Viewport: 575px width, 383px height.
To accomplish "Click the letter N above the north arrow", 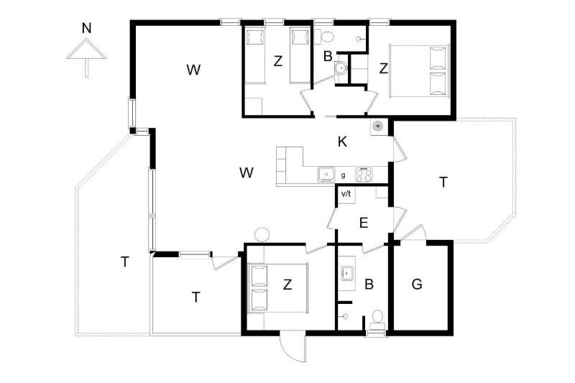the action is coord(86,28).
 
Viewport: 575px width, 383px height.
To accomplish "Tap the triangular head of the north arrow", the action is coord(86,49).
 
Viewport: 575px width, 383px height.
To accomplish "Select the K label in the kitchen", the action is coord(342,142).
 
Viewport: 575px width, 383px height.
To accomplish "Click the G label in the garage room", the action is coord(417,284).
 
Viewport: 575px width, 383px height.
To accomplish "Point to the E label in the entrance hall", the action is coord(364,223).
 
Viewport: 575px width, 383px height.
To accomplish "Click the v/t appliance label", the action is coord(346,193).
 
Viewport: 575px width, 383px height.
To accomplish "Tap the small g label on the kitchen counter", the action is coord(344,175).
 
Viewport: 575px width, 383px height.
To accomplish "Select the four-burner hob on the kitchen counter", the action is coord(364,174).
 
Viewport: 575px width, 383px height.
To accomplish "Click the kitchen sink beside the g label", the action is coord(326,174).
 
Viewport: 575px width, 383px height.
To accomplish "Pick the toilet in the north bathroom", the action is coord(325,37).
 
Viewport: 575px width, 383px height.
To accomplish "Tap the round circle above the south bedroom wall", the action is coord(262,234).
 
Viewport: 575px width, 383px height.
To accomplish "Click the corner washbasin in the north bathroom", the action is coord(341,68).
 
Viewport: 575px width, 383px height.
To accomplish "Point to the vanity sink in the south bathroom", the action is coord(347,273).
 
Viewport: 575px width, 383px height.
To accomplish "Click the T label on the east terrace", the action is coord(443,182).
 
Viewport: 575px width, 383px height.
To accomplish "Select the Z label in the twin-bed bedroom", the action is coord(278,61).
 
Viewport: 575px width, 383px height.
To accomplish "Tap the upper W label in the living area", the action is coord(193,69).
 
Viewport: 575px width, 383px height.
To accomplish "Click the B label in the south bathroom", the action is coord(369,284).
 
